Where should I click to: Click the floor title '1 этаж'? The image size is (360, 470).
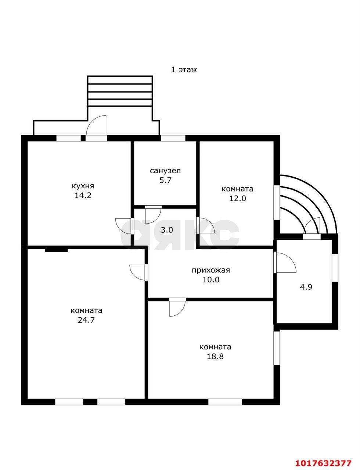tap(184, 70)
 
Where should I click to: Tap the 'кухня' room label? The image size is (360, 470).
tap(83, 186)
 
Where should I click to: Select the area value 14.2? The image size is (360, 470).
tap(83, 195)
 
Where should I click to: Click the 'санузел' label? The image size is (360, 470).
tap(165, 171)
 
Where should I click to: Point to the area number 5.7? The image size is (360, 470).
tap(165, 180)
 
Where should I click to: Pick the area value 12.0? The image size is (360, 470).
tap(237, 198)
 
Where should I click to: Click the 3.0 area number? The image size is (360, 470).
tap(167, 230)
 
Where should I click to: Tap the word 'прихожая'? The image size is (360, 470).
tap(211, 270)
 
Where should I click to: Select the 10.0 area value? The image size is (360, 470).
tap(211, 280)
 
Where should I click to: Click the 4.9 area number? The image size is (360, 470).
tap(306, 287)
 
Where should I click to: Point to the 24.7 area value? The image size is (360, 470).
tap(86, 320)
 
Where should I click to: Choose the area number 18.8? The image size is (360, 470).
tap(215, 356)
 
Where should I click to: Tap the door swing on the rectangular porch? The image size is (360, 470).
tap(96, 128)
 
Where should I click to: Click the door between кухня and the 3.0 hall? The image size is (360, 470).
tap(124, 226)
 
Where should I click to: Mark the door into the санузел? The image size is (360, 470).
tap(154, 214)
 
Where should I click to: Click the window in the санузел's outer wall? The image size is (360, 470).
tap(173, 138)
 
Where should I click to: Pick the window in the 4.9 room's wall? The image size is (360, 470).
tap(335, 268)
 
